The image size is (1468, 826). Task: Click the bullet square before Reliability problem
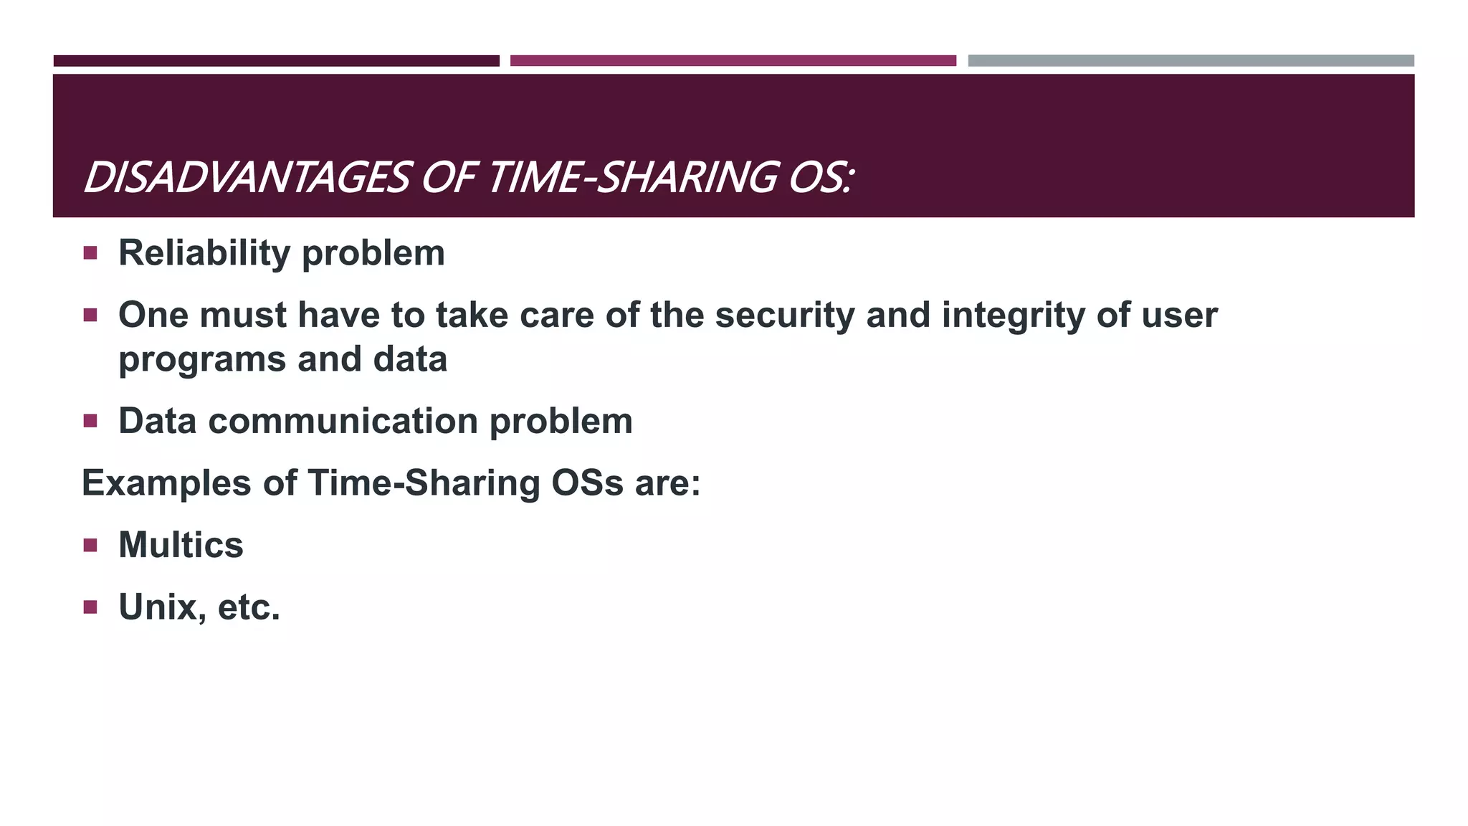coord(90,253)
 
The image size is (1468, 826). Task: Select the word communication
coord(343,421)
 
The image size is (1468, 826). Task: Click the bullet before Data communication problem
coord(90,421)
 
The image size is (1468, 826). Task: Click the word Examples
coord(166,483)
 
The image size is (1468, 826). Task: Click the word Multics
coord(181,545)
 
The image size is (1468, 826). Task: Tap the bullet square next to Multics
coord(90,546)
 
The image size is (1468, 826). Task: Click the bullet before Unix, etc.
coord(90,608)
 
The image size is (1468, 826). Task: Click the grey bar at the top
coord(1191,61)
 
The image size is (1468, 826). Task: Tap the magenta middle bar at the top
coord(733,61)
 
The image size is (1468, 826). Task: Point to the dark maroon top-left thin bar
coord(276,61)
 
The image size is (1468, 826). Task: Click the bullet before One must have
coord(90,315)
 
